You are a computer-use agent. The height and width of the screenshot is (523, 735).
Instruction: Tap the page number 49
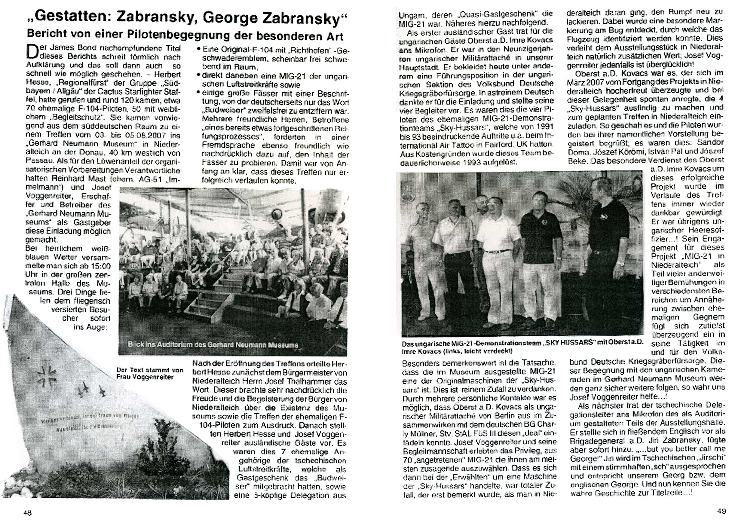pyautogui.click(x=722, y=511)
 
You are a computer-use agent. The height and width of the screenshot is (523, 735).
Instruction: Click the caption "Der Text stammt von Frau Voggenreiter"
pyautogui.click(x=149, y=373)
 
